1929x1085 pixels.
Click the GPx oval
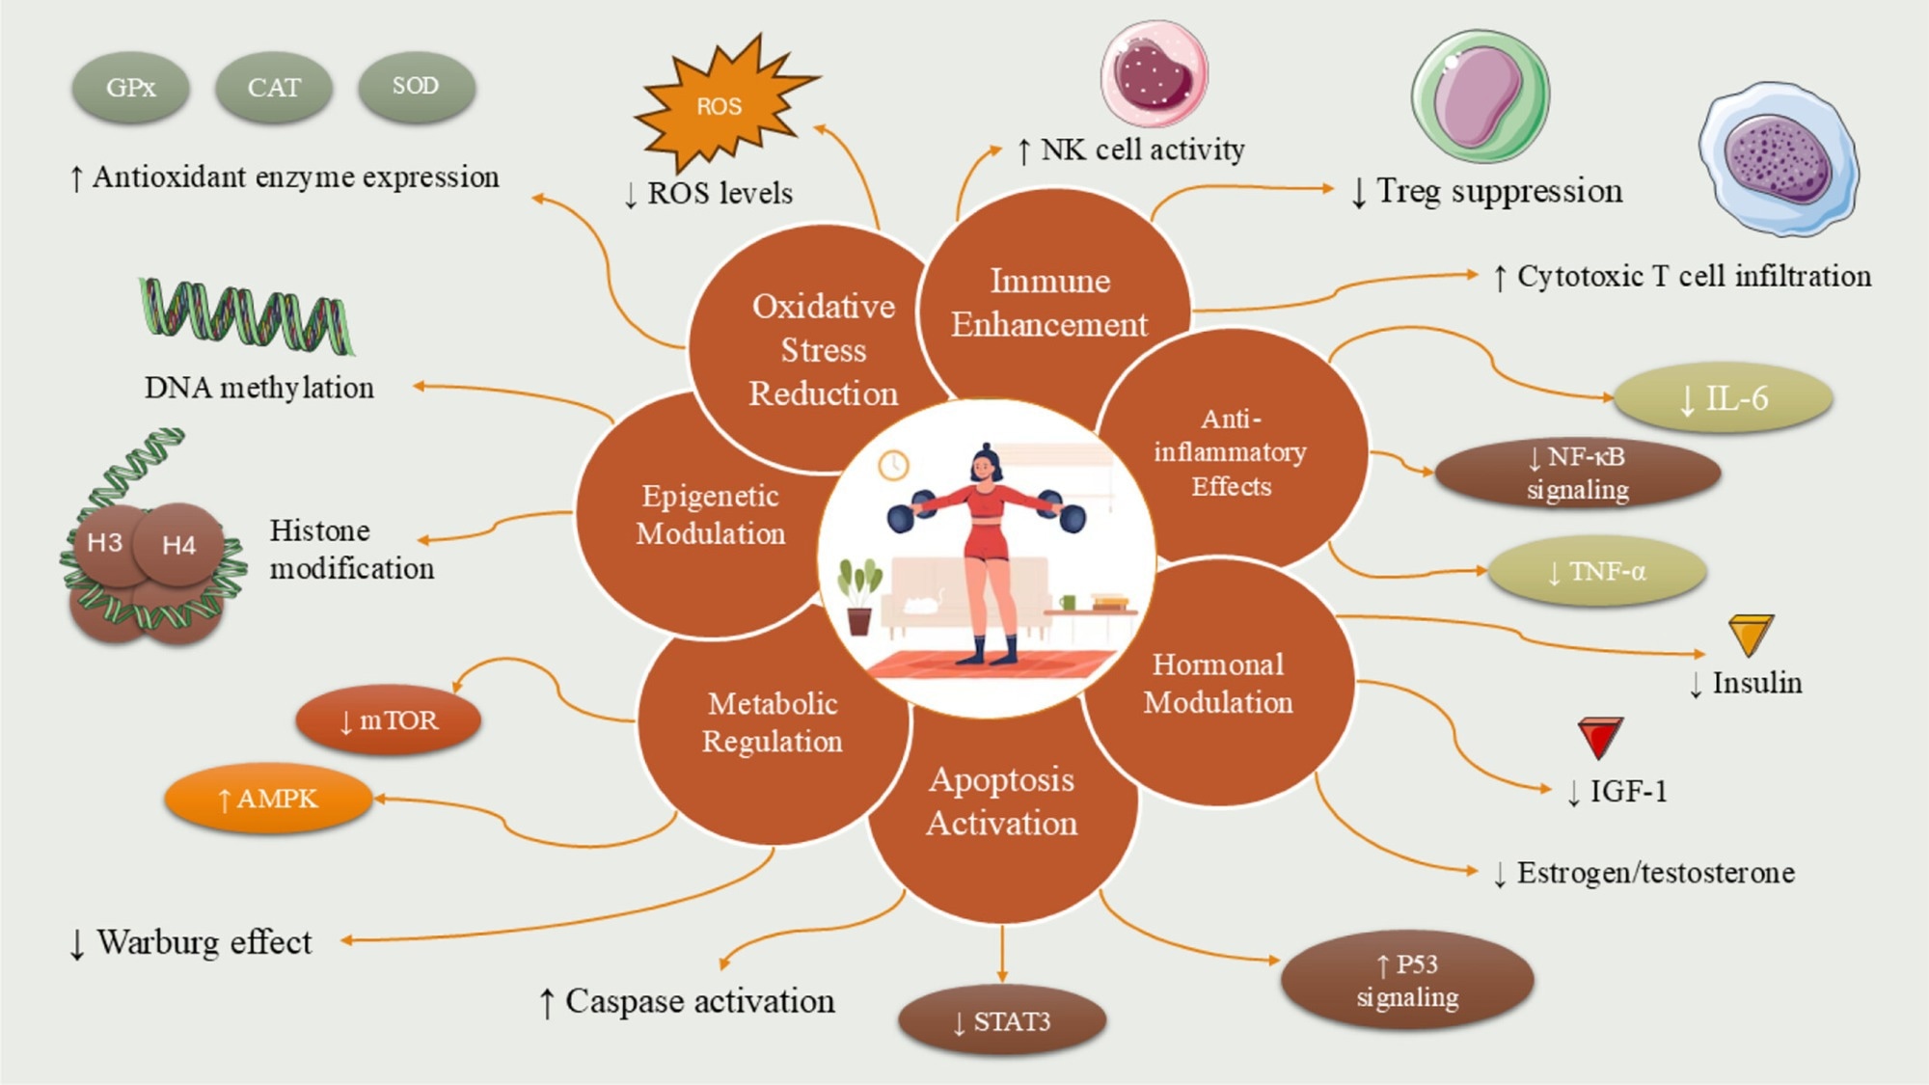click(130, 87)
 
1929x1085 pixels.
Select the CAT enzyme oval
click(274, 87)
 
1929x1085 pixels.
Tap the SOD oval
click(416, 86)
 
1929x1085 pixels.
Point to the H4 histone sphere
click(179, 545)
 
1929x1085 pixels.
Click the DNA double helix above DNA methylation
click(246, 316)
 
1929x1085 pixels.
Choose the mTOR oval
click(389, 720)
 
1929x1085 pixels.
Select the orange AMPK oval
click(268, 799)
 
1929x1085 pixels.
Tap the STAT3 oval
click(1002, 1021)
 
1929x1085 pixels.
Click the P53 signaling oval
click(1407, 980)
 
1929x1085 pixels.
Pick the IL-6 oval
click(1724, 398)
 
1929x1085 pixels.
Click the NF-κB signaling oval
click(1578, 473)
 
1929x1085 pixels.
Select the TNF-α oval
click(1597, 572)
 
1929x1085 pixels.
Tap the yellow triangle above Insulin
click(1751, 634)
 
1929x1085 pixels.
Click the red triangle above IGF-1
click(1600, 737)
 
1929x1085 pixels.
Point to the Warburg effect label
click(191, 942)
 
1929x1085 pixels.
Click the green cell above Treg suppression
click(1480, 96)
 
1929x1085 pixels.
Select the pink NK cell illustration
click(1154, 74)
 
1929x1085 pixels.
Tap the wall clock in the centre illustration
click(893, 466)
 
